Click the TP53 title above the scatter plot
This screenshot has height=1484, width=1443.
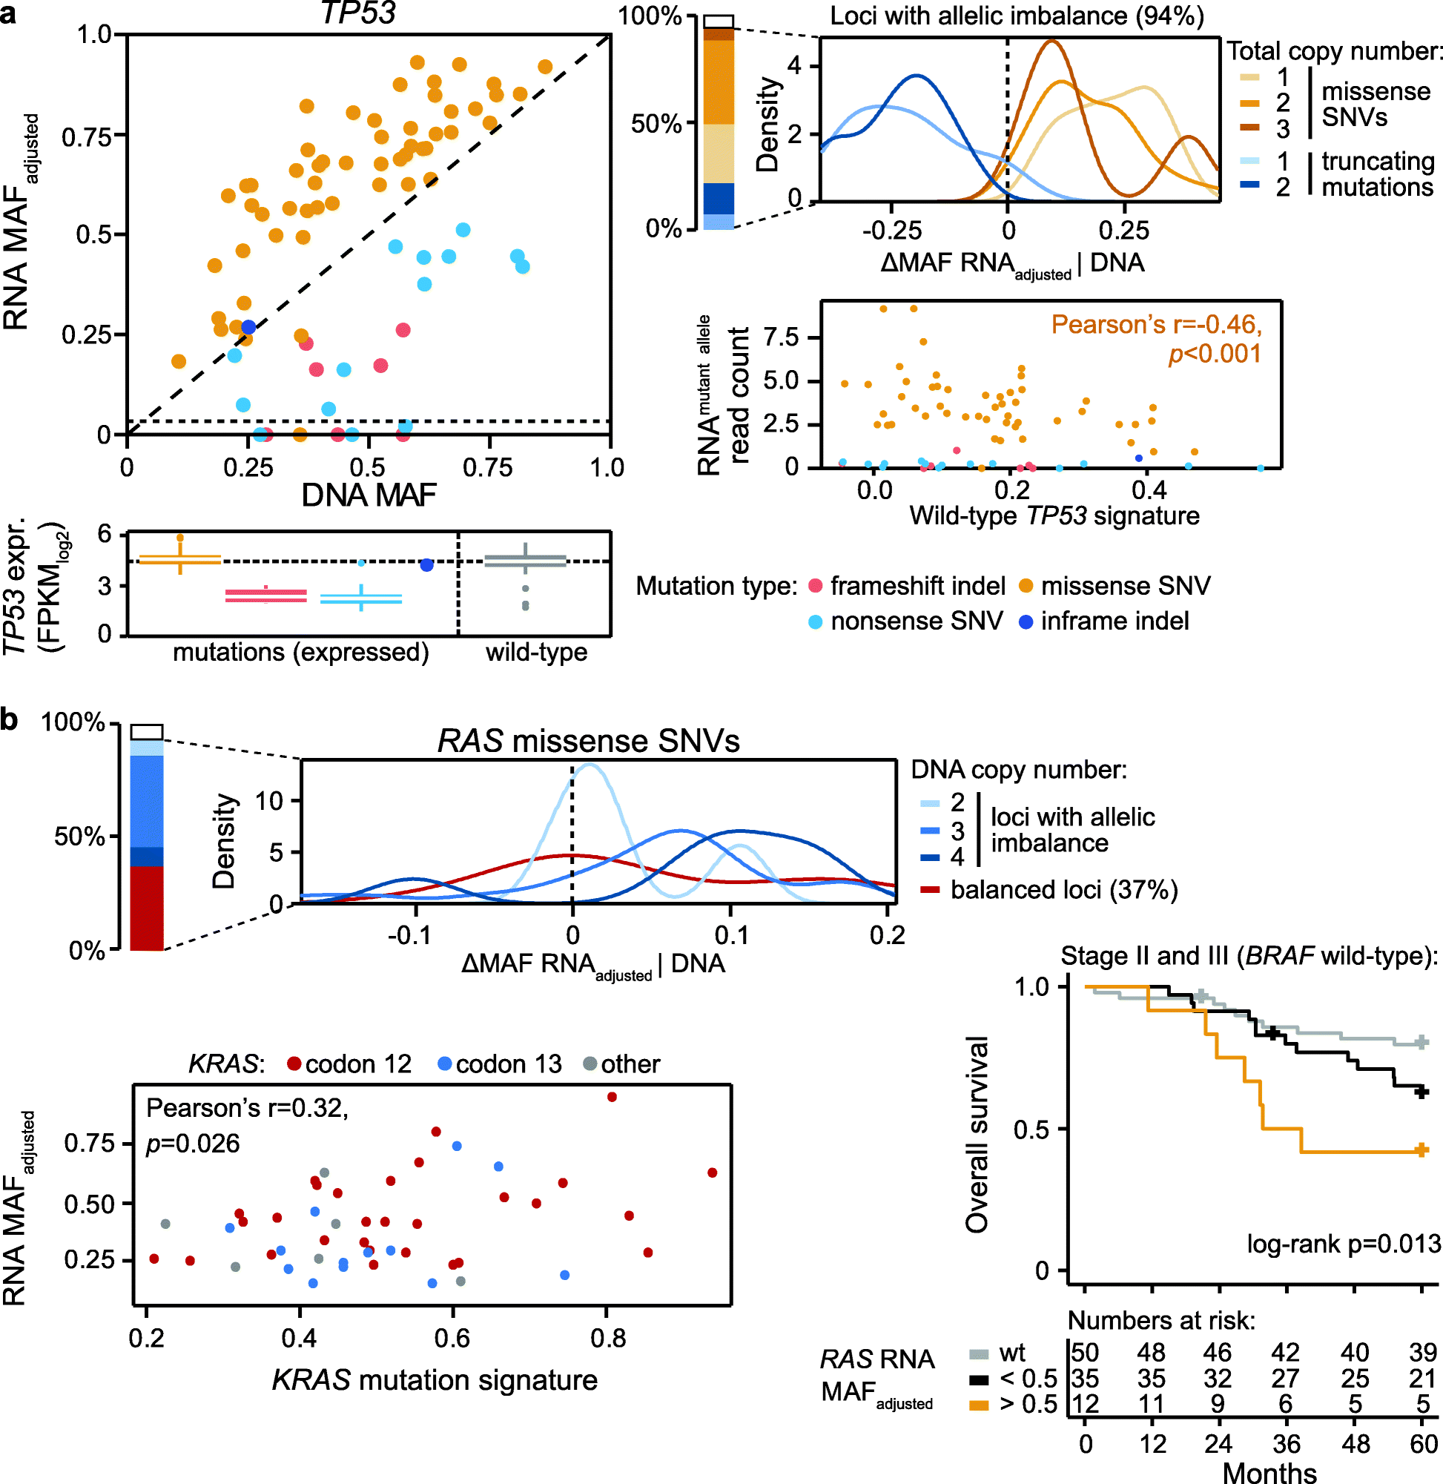tap(357, 13)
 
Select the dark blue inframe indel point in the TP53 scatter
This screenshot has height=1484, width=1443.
tap(248, 327)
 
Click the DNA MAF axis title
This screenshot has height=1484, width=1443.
tap(369, 495)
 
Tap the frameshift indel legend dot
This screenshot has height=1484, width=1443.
tap(816, 586)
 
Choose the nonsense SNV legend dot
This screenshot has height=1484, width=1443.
tap(816, 621)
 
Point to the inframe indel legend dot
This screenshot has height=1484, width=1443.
tap(1026, 621)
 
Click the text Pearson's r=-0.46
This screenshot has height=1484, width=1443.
tap(1156, 324)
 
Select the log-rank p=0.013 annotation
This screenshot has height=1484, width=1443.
tap(1343, 1244)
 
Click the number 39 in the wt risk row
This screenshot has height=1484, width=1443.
tap(1422, 1352)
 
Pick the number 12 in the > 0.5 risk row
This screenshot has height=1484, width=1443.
tap(1085, 1404)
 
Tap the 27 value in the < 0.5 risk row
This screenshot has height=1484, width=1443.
tap(1285, 1378)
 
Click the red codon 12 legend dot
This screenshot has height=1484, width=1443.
tap(294, 1064)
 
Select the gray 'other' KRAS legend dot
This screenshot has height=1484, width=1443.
tap(590, 1064)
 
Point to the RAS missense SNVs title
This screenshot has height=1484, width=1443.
tap(588, 741)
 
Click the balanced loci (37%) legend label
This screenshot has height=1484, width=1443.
tap(1064, 890)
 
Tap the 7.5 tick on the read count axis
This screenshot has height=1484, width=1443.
tap(781, 337)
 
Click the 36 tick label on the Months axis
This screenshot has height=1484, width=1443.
tap(1286, 1444)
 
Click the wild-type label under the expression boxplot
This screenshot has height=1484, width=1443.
tap(537, 652)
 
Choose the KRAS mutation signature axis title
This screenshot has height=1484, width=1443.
tap(435, 1380)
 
